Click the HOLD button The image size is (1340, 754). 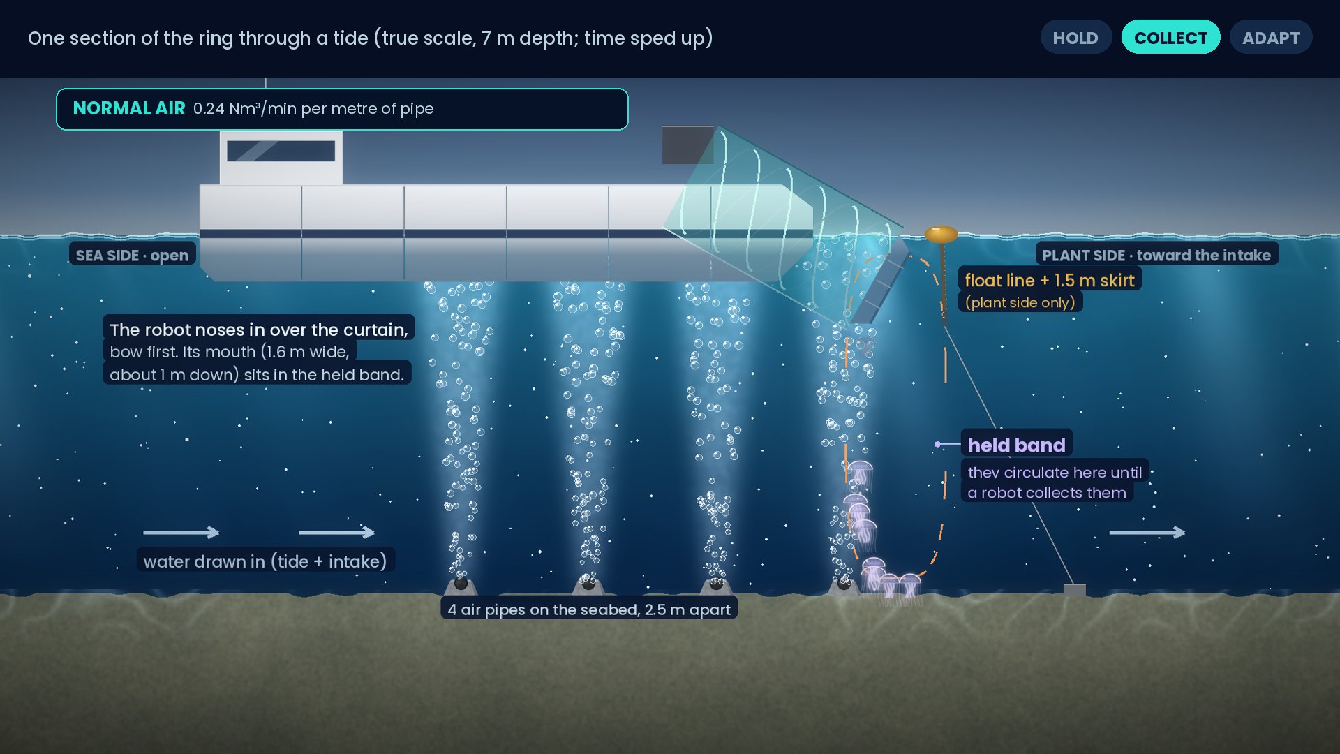click(1075, 38)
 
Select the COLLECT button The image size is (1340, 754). click(1170, 38)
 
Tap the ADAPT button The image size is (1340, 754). click(1271, 38)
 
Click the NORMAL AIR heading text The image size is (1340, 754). click(129, 108)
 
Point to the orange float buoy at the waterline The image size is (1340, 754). click(941, 234)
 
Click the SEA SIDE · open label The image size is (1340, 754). click(132, 255)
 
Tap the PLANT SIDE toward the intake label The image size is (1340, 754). click(1156, 255)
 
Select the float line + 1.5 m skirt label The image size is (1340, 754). click(1050, 280)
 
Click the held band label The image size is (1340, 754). click(1016, 445)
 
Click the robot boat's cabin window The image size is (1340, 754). click(281, 151)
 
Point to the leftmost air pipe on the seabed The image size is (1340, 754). click(461, 584)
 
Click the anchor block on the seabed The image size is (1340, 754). click(1074, 590)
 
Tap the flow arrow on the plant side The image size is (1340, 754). click(1147, 533)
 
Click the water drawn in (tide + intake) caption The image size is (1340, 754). click(265, 561)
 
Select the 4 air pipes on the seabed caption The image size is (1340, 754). click(589, 609)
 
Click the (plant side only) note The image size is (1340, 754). click(1020, 302)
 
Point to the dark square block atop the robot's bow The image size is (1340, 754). click(687, 145)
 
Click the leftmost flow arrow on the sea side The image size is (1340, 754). click(181, 533)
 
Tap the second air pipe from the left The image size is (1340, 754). click(588, 584)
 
